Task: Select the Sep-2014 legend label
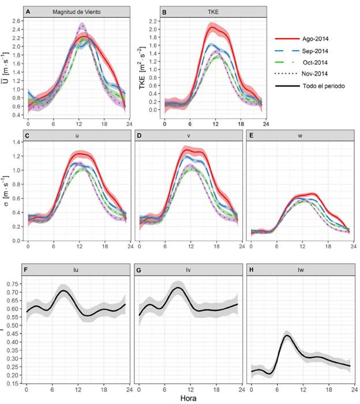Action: click(314, 51)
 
